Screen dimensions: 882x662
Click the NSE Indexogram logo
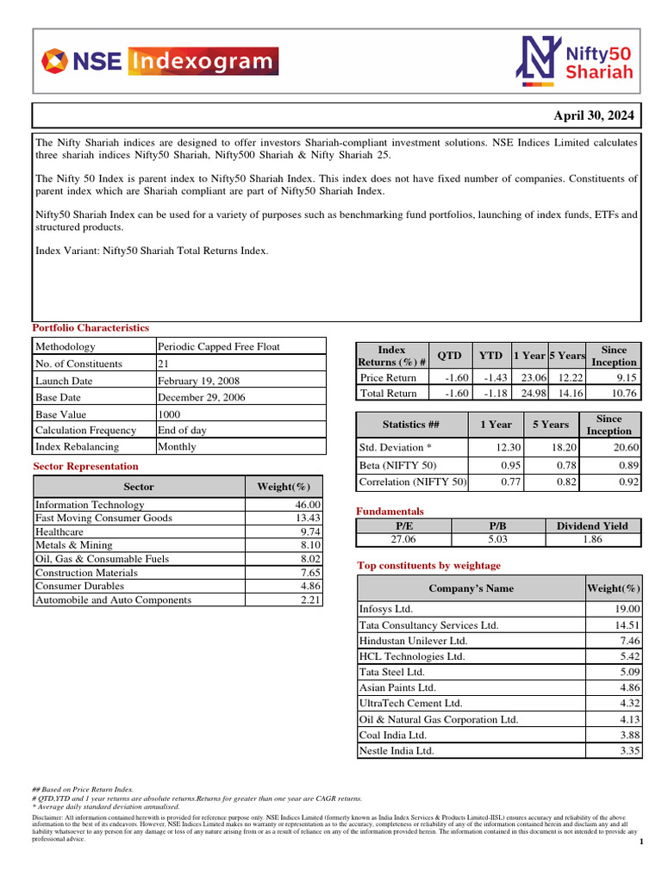pyautogui.click(x=160, y=62)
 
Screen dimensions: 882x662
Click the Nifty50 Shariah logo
pyautogui.click(x=574, y=61)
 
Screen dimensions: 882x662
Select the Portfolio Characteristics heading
pyautogui.click(x=91, y=328)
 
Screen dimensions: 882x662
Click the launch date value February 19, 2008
pyautogui.click(x=198, y=381)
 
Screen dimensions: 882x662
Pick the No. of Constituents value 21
pyautogui.click(x=164, y=363)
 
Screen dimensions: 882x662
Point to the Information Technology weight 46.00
pyautogui.click(x=308, y=505)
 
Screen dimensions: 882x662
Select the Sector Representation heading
pyautogui.click(x=85, y=466)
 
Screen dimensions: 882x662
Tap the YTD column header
pyautogui.click(x=490, y=355)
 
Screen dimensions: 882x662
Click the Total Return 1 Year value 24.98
pyautogui.click(x=530, y=394)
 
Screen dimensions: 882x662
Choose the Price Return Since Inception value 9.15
pyautogui.click(x=624, y=377)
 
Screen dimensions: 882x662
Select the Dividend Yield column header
pyautogui.click(x=591, y=525)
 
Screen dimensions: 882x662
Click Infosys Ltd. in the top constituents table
pyautogui.click(x=388, y=608)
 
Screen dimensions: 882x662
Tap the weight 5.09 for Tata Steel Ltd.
pyautogui.click(x=626, y=671)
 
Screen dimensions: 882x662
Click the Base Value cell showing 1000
pyautogui.click(x=171, y=414)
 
